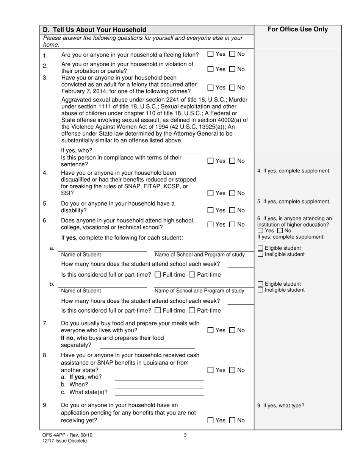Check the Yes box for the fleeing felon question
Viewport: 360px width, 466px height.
[x=210, y=54]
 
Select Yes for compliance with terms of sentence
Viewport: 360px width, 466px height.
[x=210, y=161]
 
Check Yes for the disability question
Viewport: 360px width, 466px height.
[x=210, y=210]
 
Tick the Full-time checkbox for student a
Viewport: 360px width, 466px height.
[x=158, y=275]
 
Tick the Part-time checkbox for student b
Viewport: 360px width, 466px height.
[x=192, y=311]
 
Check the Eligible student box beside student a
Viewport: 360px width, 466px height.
[x=260, y=248]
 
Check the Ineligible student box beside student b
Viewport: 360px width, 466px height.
[x=260, y=290]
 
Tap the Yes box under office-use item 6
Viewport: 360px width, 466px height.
[x=260, y=231]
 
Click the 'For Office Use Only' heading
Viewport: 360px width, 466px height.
[x=297, y=30]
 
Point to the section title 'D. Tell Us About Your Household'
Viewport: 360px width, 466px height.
[x=94, y=30]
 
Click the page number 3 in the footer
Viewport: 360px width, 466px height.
[x=185, y=435]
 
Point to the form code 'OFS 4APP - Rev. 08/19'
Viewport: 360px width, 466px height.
[x=67, y=435]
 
